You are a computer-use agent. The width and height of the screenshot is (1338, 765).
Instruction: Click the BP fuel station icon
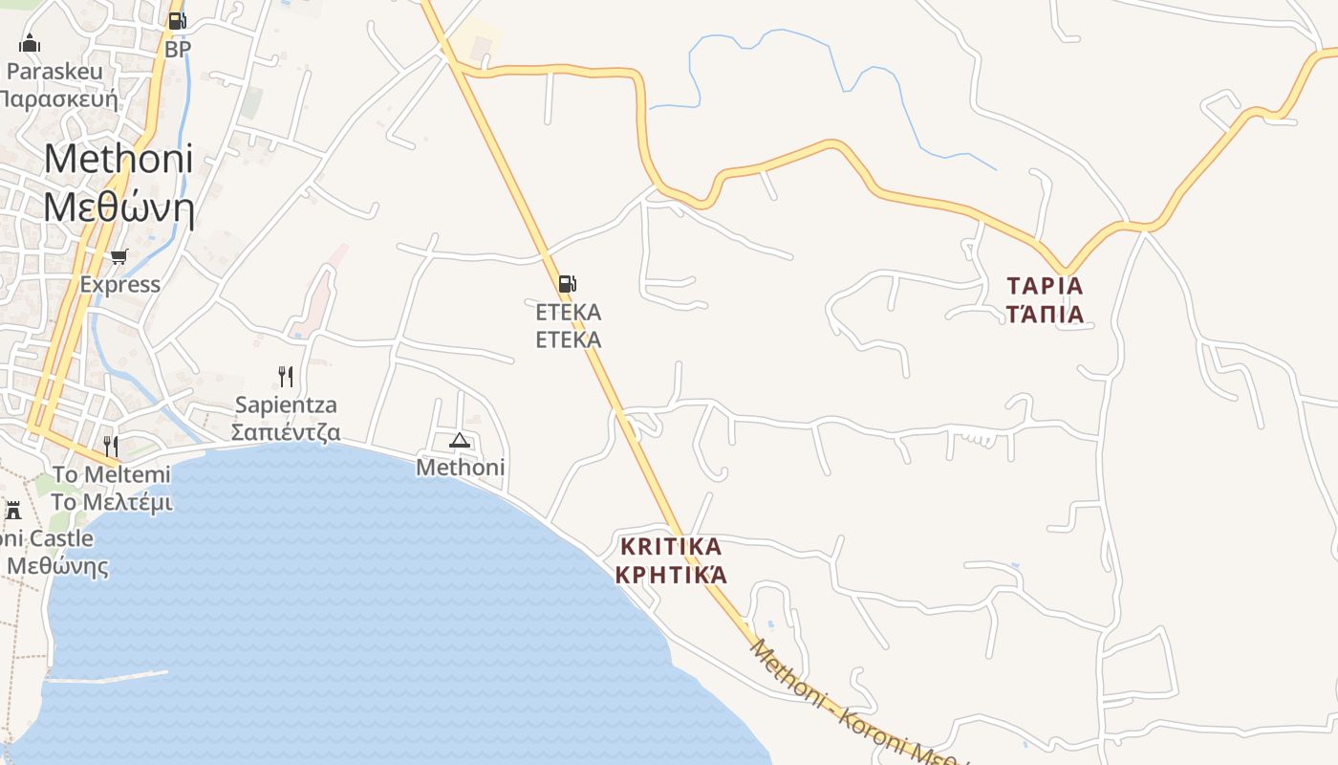177,20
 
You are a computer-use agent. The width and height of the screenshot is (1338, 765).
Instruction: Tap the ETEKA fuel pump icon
567,283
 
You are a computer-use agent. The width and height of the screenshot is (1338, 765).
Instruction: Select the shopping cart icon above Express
119,256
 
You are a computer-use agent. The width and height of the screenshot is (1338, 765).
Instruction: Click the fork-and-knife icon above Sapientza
285,375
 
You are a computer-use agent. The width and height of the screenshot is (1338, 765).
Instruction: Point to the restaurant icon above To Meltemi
111,445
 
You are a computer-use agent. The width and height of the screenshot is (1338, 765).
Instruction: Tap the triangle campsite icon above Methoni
460,440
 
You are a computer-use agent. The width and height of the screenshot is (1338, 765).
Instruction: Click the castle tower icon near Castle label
13,510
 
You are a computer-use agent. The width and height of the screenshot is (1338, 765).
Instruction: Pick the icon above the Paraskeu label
30,43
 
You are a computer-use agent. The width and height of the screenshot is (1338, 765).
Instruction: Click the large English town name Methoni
119,158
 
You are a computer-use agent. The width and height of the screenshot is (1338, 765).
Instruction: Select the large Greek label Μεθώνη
119,207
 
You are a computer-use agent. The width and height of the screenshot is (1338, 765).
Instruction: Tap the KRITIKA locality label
671,547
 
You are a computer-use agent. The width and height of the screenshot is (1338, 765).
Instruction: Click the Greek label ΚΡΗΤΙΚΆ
671,575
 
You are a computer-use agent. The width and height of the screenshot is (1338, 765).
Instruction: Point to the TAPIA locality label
1046,286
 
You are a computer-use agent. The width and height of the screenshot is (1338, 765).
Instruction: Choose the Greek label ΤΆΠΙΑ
1046,314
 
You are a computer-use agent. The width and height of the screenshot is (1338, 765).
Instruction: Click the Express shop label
119,284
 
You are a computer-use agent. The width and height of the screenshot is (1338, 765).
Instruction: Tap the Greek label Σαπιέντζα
286,431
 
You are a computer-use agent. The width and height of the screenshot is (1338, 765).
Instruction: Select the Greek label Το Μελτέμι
111,502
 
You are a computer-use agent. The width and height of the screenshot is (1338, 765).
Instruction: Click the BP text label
178,49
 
